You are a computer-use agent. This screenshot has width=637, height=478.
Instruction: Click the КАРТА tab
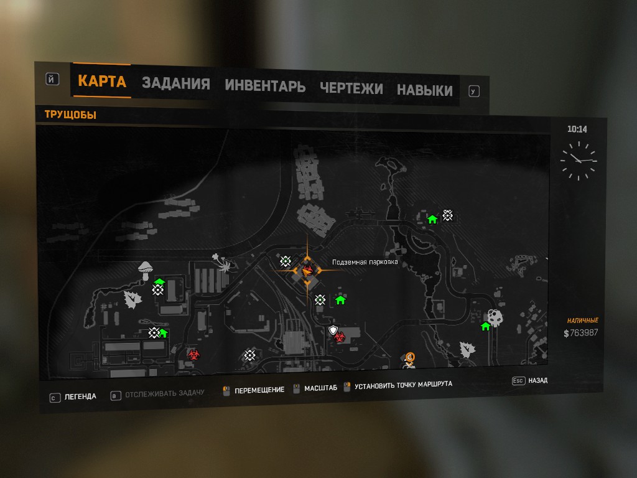coord(102,81)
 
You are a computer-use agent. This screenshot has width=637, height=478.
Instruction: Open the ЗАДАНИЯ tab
coord(176,84)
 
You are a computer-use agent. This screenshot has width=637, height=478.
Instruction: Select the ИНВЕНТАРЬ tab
coord(265,86)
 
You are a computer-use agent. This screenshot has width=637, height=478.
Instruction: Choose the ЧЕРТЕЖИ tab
coord(351,88)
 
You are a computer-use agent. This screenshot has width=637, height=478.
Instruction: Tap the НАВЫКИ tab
coord(425,90)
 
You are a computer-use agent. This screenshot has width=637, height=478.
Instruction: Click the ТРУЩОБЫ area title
coord(70,115)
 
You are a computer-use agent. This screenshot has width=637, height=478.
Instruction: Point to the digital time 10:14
coord(577,129)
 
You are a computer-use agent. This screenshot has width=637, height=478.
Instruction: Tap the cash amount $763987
coord(580,333)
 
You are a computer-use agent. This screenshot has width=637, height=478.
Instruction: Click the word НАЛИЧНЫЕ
coord(583,321)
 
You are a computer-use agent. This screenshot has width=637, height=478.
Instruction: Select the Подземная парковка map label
coord(365,262)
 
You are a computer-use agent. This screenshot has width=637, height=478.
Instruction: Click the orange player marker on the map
coord(307,270)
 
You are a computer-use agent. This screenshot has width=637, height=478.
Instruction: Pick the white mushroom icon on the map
coord(146,268)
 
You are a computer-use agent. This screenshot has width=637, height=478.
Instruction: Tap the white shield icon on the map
coord(333,329)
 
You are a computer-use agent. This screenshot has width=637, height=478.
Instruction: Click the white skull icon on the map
coord(495,318)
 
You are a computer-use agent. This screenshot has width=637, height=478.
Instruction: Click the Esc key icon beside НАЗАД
coord(518,380)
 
